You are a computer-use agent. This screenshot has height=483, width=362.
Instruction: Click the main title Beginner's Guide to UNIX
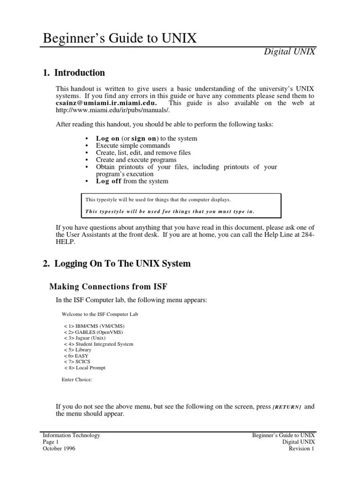[x=119, y=38]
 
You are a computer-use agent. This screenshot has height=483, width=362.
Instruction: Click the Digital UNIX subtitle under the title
[x=289, y=52]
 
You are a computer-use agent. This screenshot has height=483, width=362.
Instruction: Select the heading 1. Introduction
[x=74, y=73]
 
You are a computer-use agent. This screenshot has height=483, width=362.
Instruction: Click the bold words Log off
[x=109, y=181]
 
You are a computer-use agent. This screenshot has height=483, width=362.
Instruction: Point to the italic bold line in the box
[x=170, y=211]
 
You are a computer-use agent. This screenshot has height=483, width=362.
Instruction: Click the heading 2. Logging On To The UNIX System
[x=117, y=264]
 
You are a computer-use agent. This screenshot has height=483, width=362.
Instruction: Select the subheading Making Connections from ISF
[x=108, y=286]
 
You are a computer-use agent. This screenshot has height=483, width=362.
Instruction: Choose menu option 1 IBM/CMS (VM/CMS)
[x=94, y=326]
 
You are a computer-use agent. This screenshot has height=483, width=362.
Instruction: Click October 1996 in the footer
[x=59, y=449]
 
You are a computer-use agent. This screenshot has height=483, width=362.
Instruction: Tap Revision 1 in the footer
[x=302, y=449]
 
